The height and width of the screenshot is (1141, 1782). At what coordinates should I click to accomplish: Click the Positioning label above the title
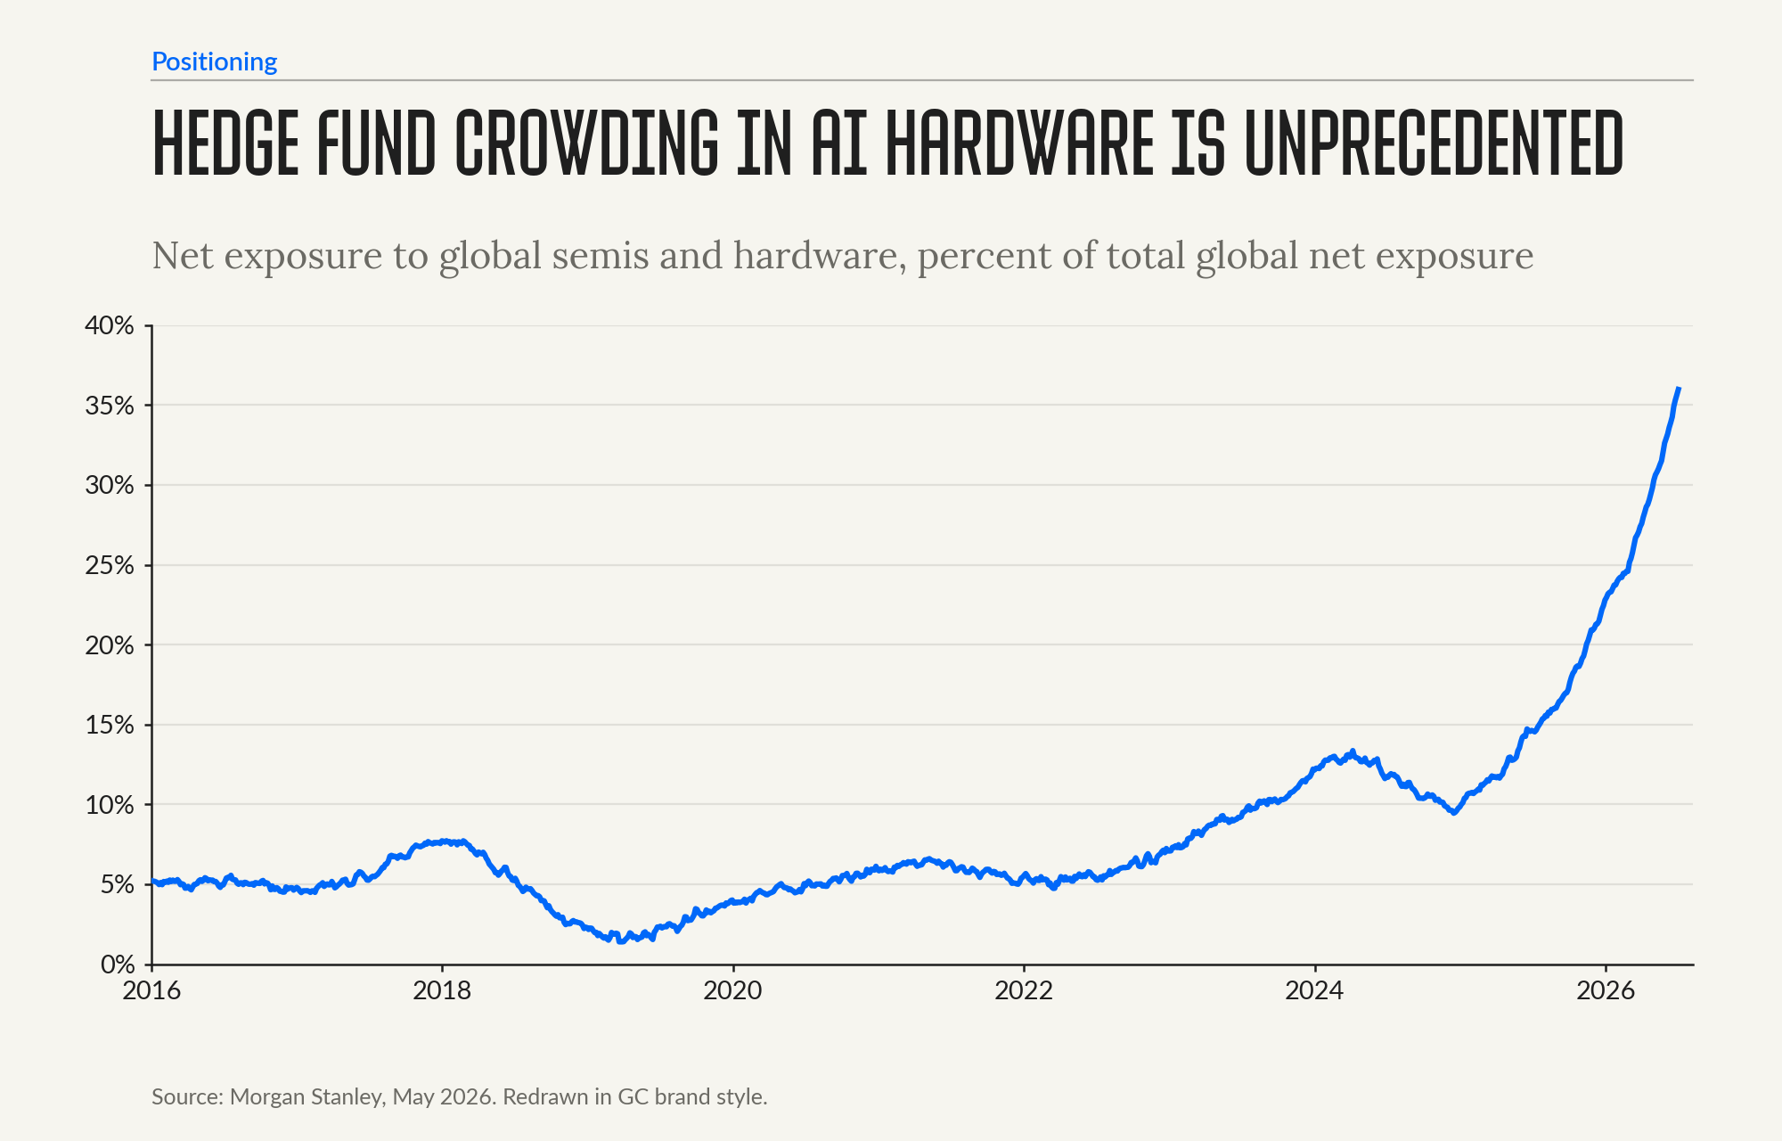pyautogui.click(x=214, y=62)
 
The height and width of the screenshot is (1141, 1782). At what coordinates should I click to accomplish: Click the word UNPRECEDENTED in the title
pyautogui.click(x=1434, y=143)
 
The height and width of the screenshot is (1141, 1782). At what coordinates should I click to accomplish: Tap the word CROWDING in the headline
pyautogui.click(x=586, y=143)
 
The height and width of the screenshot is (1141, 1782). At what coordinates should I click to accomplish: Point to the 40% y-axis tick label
pyautogui.click(x=109, y=325)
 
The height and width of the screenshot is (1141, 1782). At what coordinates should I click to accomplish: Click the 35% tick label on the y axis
pyautogui.click(x=109, y=406)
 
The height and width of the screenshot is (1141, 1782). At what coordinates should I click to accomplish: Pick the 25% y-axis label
pyautogui.click(x=109, y=565)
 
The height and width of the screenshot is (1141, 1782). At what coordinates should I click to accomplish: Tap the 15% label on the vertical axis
pyautogui.click(x=109, y=725)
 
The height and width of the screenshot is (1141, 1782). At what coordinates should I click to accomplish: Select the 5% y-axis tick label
pyautogui.click(x=117, y=884)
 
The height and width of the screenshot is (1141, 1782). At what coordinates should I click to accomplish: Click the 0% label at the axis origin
pyautogui.click(x=117, y=965)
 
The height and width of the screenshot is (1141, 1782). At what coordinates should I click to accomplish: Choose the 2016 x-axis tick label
pyautogui.click(x=151, y=990)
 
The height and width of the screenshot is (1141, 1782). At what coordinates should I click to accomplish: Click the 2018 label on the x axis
pyautogui.click(x=442, y=990)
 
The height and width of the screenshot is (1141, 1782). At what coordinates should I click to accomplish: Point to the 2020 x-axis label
pyautogui.click(x=733, y=990)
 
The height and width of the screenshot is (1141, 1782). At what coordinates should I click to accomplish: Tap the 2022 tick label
pyautogui.click(x=1024, y=990)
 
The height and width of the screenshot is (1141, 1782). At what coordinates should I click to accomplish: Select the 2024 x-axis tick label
pyautogui.click(x=1314, y=990)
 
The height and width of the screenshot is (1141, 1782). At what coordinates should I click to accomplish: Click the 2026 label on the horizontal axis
pyautogui.click(x=1606, y=990)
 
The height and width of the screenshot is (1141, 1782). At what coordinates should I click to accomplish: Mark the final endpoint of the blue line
pyautogui.click(x=1679, y=389)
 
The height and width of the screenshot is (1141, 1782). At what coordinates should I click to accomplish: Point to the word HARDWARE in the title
pyautogui.click(x=1020, y=143)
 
